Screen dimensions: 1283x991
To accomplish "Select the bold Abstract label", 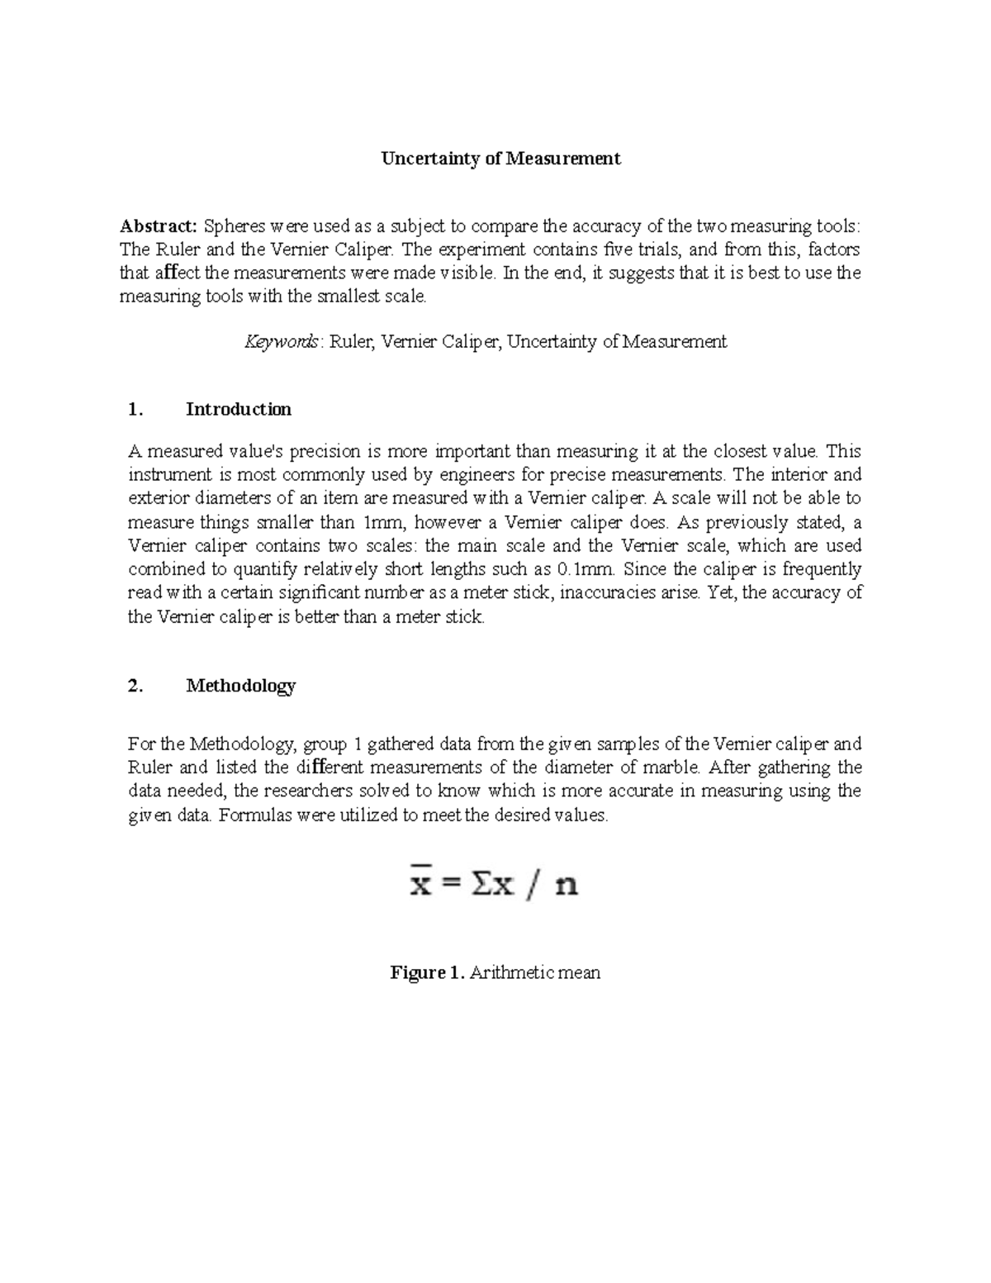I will coord(159,226).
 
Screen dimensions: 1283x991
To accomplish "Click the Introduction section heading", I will coord(238,410).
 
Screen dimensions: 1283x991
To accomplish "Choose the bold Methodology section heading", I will coord(240,686).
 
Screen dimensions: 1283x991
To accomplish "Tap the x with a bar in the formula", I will coord(422,885).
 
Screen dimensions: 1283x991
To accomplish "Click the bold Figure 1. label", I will coord(427,973).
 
